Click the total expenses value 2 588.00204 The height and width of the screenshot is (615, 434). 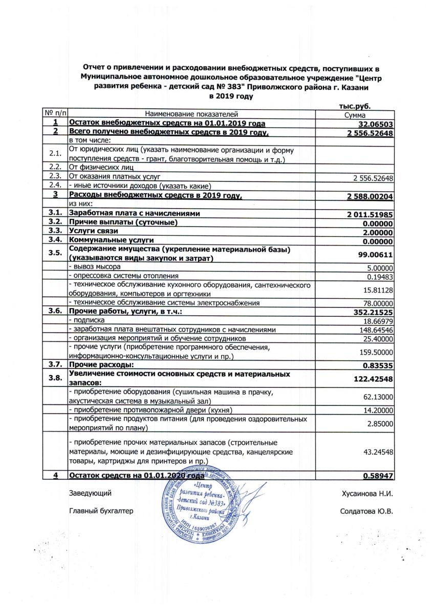[x=368, y=197]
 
